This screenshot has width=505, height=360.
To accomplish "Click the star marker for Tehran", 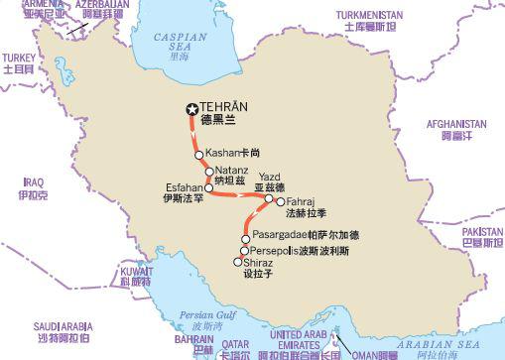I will pos(191,111).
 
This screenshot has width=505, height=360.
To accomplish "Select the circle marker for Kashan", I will pos(198,155).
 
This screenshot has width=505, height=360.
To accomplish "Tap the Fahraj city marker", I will pos(281,200).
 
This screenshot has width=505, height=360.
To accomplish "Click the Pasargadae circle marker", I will pos(246,237).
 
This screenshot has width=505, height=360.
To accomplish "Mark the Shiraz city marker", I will pos(236,262).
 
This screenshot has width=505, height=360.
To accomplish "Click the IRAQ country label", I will pos(35,182).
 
